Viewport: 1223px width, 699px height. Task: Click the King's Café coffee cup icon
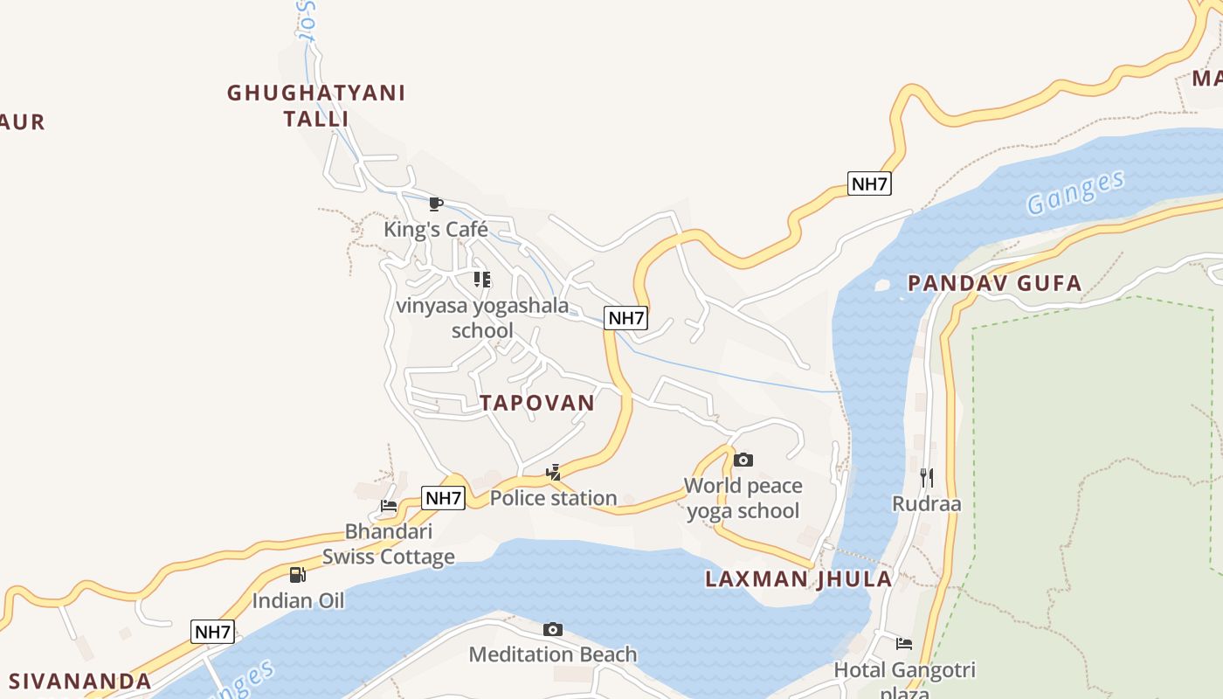tap(436, 204)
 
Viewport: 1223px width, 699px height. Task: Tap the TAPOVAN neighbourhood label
tap(536, 403)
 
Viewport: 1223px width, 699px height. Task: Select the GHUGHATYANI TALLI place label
tap(316, 105)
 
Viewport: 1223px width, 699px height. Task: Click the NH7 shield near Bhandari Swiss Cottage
tap(443, 498)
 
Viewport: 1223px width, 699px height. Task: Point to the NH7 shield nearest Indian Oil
tap(213, 632)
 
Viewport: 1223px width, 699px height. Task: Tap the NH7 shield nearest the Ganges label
tap(869, 183)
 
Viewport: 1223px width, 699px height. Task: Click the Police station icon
tap(553, 473)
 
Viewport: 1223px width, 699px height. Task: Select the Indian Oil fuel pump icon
tap(298, 575)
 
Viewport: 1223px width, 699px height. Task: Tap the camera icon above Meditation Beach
tap(552, 629)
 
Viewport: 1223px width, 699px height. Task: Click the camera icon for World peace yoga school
tap(743, 460)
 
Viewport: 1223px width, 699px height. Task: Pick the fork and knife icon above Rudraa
tap(927, 477)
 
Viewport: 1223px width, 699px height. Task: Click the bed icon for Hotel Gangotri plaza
tap(904, 644)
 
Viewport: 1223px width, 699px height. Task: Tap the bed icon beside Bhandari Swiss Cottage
tap(389, 506)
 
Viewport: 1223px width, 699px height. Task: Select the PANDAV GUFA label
tap(994, 283)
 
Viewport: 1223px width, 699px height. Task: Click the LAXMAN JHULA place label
tap(798, 578)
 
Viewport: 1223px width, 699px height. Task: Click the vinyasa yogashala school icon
tap(481, 280)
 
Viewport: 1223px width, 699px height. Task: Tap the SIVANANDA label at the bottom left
tap(79, 681)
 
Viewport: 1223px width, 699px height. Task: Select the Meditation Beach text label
tap(553, 654)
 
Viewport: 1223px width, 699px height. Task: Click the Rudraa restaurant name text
tap(926, 503)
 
